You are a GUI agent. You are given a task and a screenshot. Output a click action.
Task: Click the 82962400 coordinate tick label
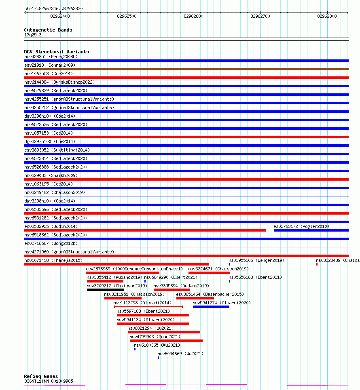point(60,16)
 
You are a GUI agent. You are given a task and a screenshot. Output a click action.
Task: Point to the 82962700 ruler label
point(260,16)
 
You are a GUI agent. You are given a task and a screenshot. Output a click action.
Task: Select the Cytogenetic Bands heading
point(48,30)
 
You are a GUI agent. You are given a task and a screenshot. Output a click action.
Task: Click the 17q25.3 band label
point(33,35)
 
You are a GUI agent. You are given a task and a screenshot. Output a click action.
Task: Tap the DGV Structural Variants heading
point(57,52)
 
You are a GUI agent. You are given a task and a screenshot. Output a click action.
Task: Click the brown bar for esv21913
point(186,69)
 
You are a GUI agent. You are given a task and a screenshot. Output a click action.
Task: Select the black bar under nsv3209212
point(106,290)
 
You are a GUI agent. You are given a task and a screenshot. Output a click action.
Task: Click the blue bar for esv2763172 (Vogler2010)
point(311,230)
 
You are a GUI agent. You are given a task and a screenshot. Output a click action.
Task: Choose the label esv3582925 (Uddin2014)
point(51,226)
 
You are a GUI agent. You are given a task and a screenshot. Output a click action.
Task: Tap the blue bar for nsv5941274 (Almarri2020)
point(211,307)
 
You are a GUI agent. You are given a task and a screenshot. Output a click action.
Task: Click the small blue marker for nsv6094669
point(158,358)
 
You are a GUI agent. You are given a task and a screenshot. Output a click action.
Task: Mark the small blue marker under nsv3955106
point(229,264)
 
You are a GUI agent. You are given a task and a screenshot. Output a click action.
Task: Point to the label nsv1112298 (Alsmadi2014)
point(142,303)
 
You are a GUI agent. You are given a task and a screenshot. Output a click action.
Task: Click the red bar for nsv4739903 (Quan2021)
point(166,341)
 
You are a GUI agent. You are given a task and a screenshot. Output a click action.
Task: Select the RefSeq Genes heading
point(41,376)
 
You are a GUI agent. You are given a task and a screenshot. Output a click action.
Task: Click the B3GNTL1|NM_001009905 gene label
point(49,381)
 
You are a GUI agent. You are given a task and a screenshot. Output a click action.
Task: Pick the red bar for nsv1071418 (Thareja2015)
point(116,264)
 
